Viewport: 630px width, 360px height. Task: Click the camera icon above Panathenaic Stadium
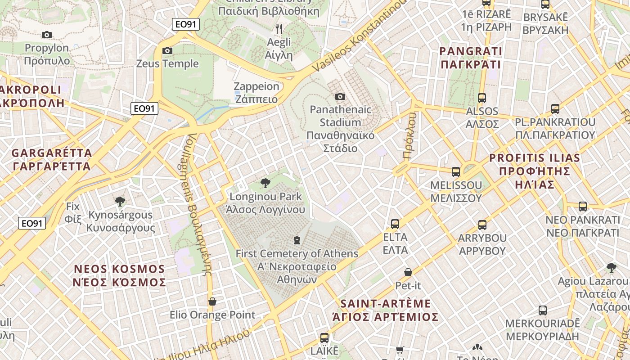pyautogui.click(x=340, y=96)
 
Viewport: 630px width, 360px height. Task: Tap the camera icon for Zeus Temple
pyautogui.click(x=167, y=50)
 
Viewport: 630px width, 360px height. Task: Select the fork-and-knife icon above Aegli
pyautogui.click(x=279, y=29)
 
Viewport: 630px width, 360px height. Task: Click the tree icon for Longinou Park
pyautogui.click(x=265, y=183)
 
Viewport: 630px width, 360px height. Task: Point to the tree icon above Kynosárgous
pyautogui.click(x=120, y=201)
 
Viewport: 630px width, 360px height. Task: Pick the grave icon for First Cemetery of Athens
pyautogui.click(x=297, y=240)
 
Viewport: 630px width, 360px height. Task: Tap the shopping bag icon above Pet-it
pyautogui.click(x=408, y=272)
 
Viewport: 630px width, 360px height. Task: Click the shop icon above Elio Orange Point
pyautogui.click(x=212, y=301)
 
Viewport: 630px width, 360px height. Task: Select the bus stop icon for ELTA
pyautogui.click(x=395, y=224)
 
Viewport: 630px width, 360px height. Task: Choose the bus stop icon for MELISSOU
pyautogui.click(x=456, y=171)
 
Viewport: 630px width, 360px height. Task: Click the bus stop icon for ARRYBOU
pyautogui.click(x=482, y=225)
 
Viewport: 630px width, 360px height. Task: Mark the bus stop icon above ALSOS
pyautogui.click(x=482, y=98)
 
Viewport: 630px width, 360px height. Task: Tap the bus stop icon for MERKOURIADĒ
pyautogui.click(x=543, y=310)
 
